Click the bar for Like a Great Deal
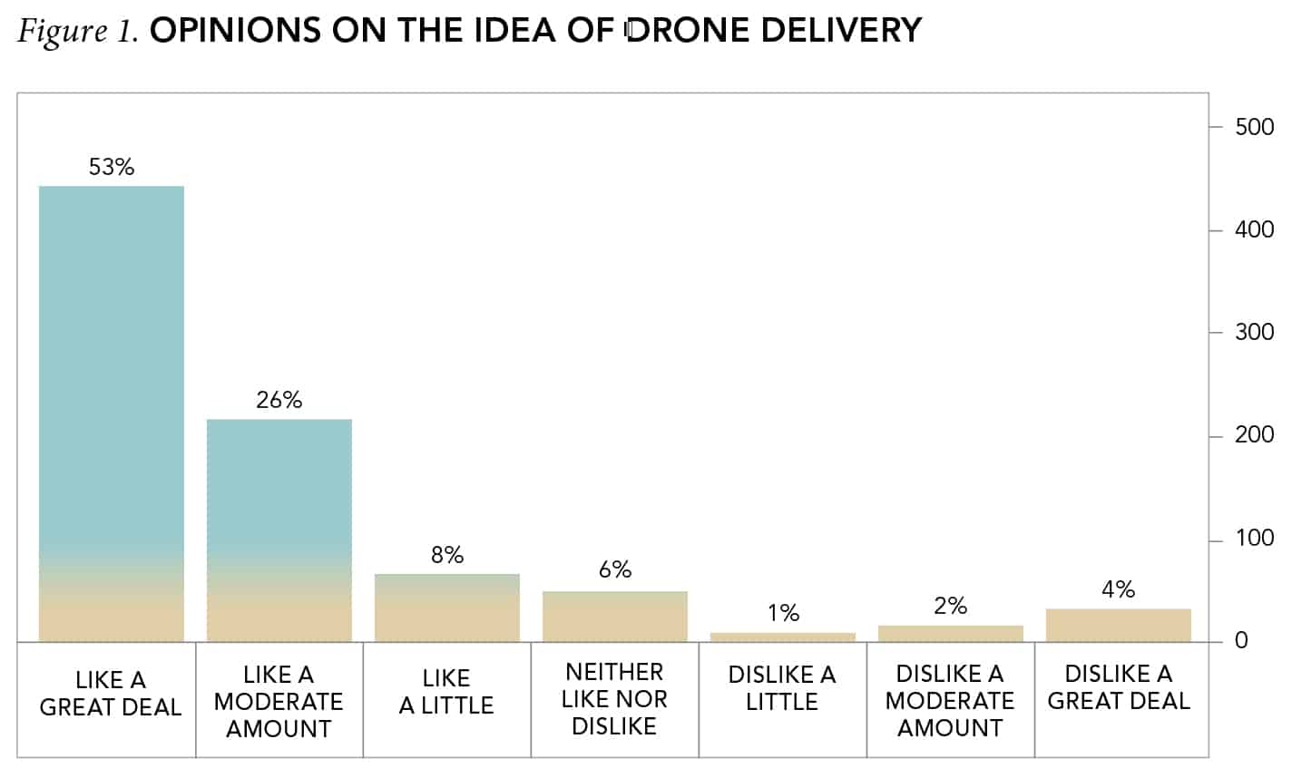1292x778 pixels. pyautogui.click(x=112, y=413)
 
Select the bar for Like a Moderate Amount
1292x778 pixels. pyautogui.click(x=279, y=530)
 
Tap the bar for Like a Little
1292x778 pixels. pyautogui.click(x=447, y=608)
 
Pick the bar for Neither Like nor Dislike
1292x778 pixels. pyautogui.click(x=615, y=617)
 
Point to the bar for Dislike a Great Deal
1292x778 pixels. pyautogui.click(x=1118, y=626)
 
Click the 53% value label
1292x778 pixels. pyautogui.click(x=112, y=167)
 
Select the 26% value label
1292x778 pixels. pyautogui.click(x=279, y=400)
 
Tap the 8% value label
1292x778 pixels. pyautogui.click(x=447, y=555)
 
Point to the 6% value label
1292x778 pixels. pyautogui.click(x=615, y=569)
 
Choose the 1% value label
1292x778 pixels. pyautogui.click(x=783, y=613)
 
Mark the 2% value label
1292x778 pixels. pyautogui.click(x=950, y=606)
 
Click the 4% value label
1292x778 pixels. pyautogui.click(x=1118, y=589)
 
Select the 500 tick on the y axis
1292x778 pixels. pyautogui.click(x=1255, y=127)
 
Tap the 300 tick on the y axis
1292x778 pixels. pyautogui.click(x=1255, y=333)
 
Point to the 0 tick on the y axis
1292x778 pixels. pyautogui.click(x=1241, y=641)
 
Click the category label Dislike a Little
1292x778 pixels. pyautogui.click(x=782, y=688)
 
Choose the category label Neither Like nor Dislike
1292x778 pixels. pyautogui.click(x=614, y=699)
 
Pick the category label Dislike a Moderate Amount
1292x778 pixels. pyautogui.click(x=950, y=700)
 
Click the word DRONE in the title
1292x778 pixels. pyautogui.click(x=688, y=30)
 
